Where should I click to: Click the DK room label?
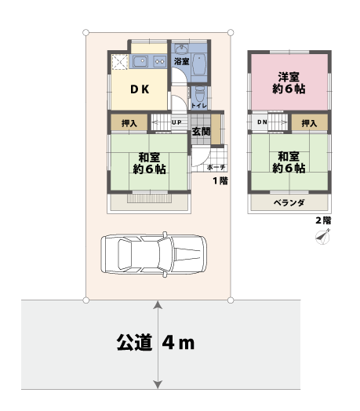pyautogui.click(x=139, y=89)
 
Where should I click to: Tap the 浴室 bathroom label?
pyautogui.click(x=180, y=60)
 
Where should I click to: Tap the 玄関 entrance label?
pyautogui.click(x=201, y=130)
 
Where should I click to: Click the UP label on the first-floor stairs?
pyautogui.click(x=177, y=123)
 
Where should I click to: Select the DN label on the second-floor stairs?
pyautogui.click(x=262, y=123)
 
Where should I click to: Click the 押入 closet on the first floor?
pyautogui.click(x=129, y=123)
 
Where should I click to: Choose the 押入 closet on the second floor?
pyautogui.click(x=309, y=123)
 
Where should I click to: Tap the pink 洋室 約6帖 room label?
pyautogui.click(x=289, y=82)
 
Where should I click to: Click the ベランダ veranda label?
pyautogui.click(x=289, y=202)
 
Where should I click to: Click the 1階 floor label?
pyautogui.click(x=220, y=181)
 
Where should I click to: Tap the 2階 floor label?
pyautogui.click(x=322, y=220)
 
